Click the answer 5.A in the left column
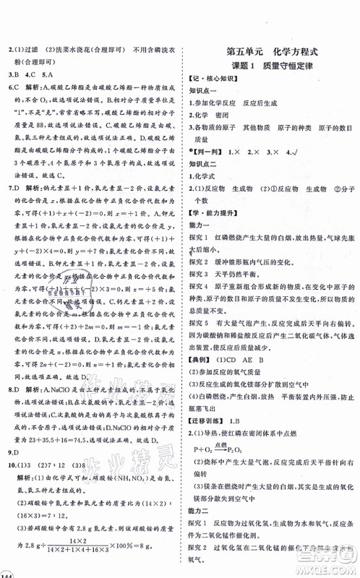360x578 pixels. pyautogui.click(x=59, y=74)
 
